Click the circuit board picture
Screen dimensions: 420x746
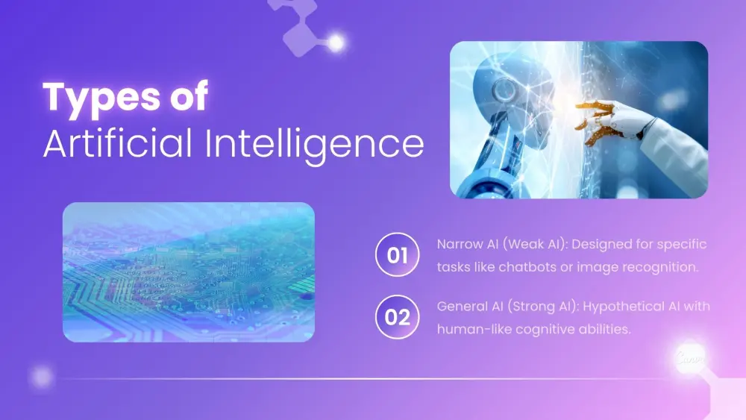click(188, 272)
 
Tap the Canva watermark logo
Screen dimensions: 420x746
click(687, 359)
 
